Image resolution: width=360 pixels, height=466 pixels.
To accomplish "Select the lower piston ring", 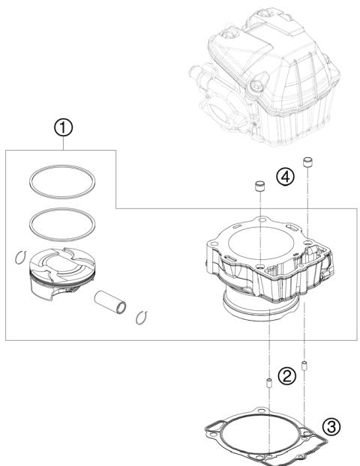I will pyautogui.click(x=64, y=221).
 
